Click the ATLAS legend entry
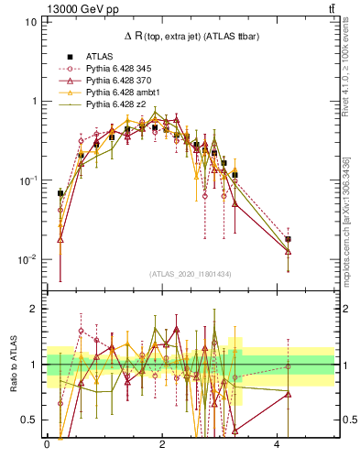(100, 57)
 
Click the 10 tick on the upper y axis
(32, 21)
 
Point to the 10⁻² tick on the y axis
(27, 260)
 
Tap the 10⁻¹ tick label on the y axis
(27, 180)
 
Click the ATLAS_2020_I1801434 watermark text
(191, 274)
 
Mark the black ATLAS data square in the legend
(69, 57)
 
